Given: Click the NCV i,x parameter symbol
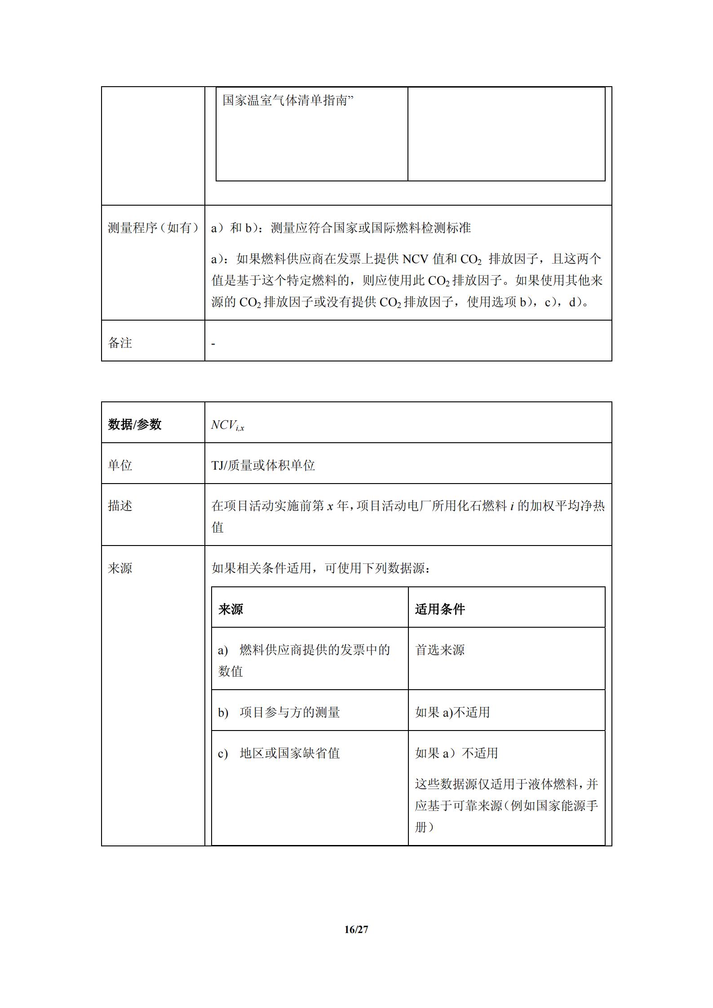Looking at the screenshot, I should [x=227, y=425].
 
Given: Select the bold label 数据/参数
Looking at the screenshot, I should [x=134, y=424].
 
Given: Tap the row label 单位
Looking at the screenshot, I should [x=120, y=465].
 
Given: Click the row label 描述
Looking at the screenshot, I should [x=120, y=506].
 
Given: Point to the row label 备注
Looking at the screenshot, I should [x=120, y=343].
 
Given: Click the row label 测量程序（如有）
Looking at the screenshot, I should [x=153, y=228].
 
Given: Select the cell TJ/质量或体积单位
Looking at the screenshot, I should [x=263, y=465].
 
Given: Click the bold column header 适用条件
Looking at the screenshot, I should [x=440, y=609].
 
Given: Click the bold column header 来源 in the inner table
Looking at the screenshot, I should [x=230, y=609].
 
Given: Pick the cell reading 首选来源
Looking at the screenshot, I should [x=440, y=650].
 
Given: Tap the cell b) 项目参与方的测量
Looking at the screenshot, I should [x=279, y=712].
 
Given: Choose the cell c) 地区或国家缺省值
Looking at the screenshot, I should [x=279, y=753].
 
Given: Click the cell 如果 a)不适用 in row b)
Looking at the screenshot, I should [x=452, y=712].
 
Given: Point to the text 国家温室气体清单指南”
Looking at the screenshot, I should [x=288, y=101].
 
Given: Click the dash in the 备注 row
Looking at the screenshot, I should [x=213, y=344].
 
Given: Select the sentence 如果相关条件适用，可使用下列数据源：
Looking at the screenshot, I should [x=321, y=568].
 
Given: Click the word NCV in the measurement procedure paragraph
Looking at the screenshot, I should [x=415, y=259].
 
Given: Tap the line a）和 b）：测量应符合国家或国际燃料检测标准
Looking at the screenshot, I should [x=341, y=228].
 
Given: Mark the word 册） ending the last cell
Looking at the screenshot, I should [x=424, y=827].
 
